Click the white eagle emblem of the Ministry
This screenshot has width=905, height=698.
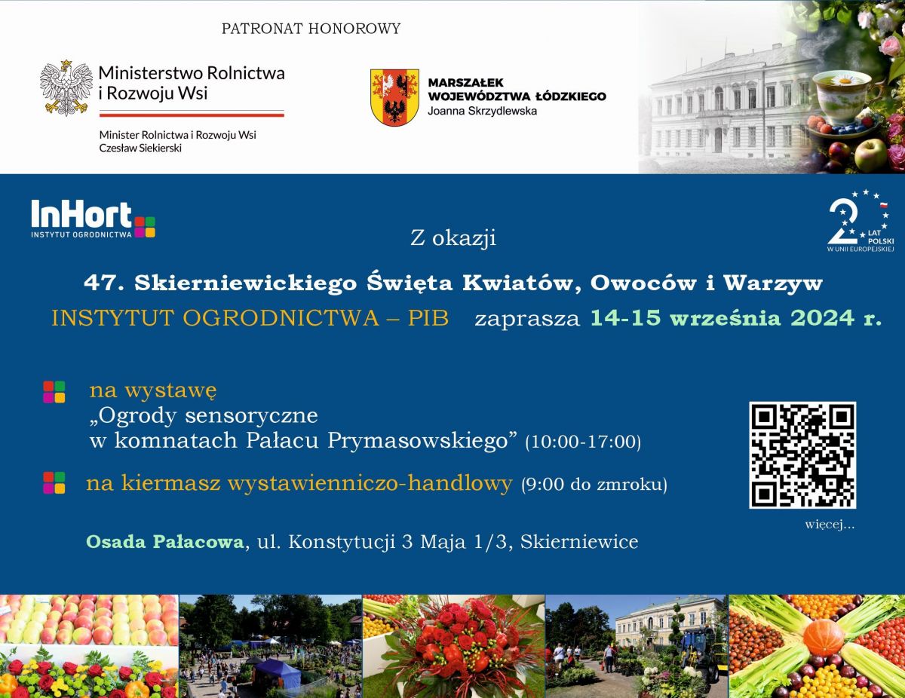(66, 88)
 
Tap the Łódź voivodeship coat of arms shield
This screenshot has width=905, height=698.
(394, 97)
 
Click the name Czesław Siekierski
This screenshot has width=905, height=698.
(140, 148)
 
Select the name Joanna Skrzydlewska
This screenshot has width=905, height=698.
(482, 111)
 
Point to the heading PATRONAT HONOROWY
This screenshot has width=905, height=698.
(311, 29)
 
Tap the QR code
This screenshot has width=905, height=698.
(802, 455)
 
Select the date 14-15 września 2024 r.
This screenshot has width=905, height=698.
(736, 318)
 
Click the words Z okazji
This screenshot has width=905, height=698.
(453, 238)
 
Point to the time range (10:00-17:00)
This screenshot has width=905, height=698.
(583, 442)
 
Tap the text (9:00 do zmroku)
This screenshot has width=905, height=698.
(594, 484)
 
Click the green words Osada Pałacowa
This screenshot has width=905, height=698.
(165, 542)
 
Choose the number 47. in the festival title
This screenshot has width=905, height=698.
(104, 283)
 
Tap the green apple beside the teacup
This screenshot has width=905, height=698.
(870, 154)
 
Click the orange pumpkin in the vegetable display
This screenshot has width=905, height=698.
(824, 637)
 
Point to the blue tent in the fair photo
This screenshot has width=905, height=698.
(278, 673)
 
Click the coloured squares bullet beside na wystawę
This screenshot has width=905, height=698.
(54, 392)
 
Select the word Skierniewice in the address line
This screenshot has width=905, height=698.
(579, 542)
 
